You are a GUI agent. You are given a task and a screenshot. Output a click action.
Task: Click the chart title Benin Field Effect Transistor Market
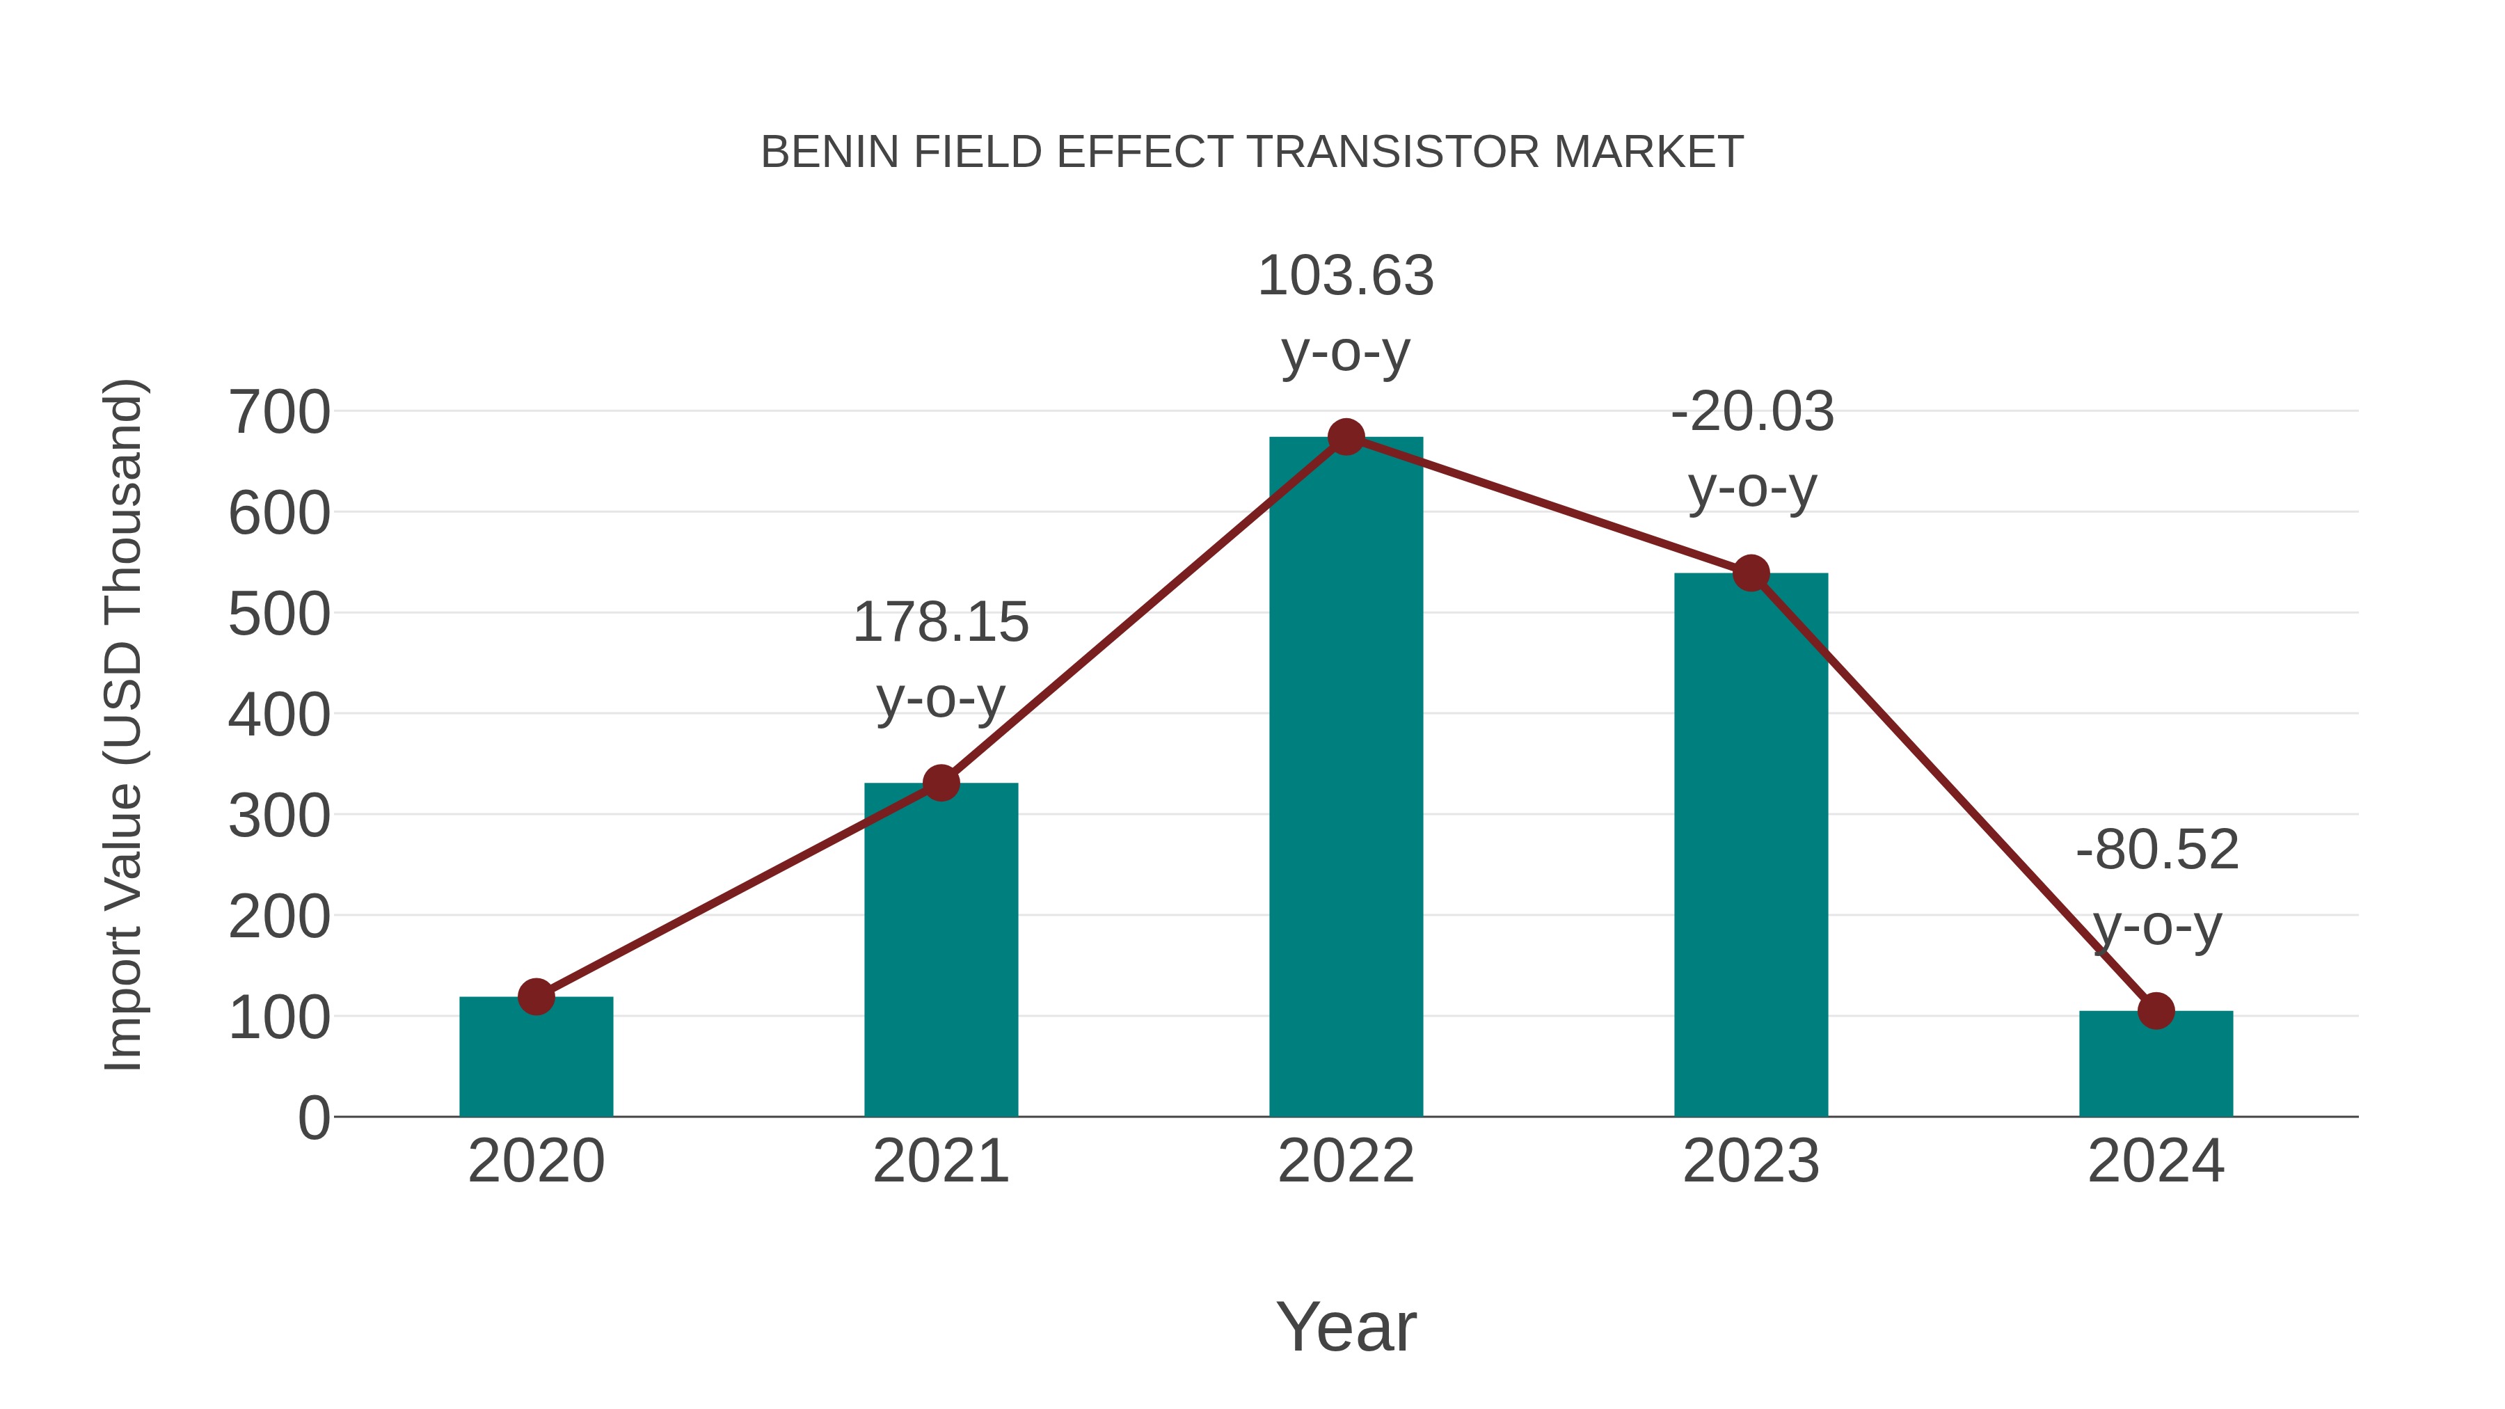click(x=1252, y=152)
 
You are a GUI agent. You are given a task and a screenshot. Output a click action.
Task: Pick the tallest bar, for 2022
click(x=1345, y=778)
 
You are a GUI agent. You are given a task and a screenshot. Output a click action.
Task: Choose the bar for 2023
click(x=1751, y=846)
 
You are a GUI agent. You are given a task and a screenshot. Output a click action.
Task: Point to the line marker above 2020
click(x=536, y=996)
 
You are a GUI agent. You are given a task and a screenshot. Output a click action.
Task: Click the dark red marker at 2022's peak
click(x=1345, y=438)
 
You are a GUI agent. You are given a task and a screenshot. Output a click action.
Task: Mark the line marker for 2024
click(x=2155, y=1011)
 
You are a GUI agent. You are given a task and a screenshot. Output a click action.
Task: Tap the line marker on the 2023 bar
click(x=1751, y=574)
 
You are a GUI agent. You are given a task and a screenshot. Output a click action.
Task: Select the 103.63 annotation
click(x=1345, y=276)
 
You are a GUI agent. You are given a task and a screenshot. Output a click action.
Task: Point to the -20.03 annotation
click(x=1751, y=413)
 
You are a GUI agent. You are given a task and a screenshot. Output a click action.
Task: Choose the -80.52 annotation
click(x=2156, y=851)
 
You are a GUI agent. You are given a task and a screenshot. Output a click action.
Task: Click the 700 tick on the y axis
click(x=279, y=413)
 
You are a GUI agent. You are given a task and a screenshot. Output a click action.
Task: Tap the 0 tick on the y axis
click(x=313, y=1118)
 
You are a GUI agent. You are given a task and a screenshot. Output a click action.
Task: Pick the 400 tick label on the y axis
click(x=279, y=716)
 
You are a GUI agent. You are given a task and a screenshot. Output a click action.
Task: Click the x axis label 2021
click(x=940, y=1162)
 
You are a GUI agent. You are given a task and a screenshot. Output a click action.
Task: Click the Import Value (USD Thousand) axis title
click(x=125, y=724)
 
